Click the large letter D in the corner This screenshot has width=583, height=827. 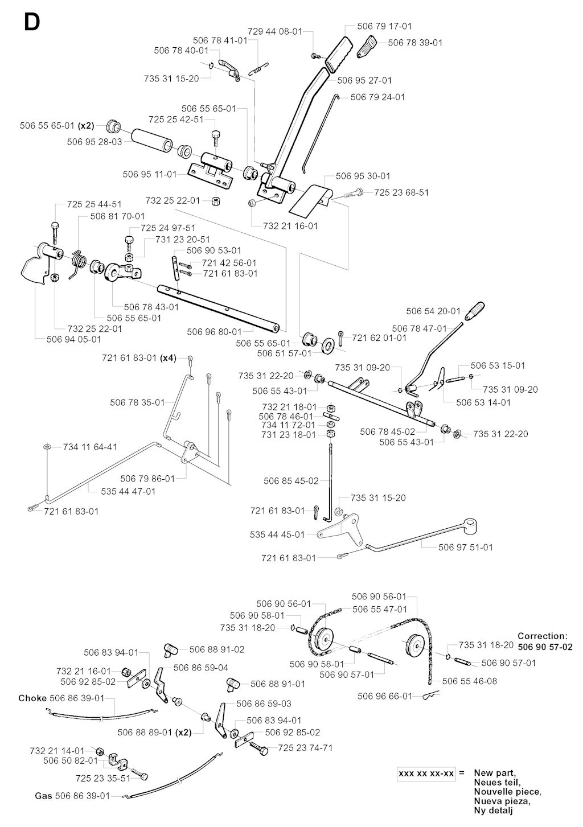31,23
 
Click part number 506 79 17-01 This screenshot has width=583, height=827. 384,26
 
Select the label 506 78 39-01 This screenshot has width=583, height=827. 415,43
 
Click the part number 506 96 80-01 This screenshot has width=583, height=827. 214,331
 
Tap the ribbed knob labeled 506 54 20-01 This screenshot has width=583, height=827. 474,311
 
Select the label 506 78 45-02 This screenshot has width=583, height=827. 387,431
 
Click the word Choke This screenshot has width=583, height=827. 32,698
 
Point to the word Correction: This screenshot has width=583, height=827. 542,636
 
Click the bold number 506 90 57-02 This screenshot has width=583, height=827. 545,647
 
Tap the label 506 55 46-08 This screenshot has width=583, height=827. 469,681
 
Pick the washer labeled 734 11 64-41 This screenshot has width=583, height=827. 47,447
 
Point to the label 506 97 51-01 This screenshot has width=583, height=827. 466,547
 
